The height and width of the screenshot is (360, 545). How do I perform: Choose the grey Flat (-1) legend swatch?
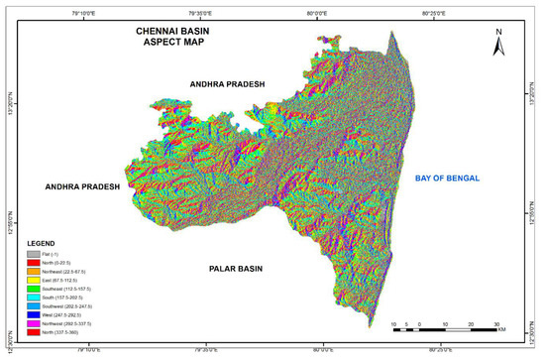pyautogui.click(x=37, y=254)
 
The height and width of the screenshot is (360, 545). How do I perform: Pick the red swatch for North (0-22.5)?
pyautogui.click(x=37, y=263)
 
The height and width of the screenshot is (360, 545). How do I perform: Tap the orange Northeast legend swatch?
pyautogui.click(x=37, y=272)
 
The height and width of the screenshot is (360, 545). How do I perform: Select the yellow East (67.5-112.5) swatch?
pyautogui.click(x=37, y=281)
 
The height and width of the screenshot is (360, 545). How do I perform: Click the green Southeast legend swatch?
pyautogui.click(x=37, y=290)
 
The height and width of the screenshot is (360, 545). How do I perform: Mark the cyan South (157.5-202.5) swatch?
pyautogui.click(x=37, y=299)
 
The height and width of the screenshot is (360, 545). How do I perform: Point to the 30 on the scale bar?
pyautogui.click(x=496, y=324)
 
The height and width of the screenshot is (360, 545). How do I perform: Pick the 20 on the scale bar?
pyautogui.click(x=471, y=324)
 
